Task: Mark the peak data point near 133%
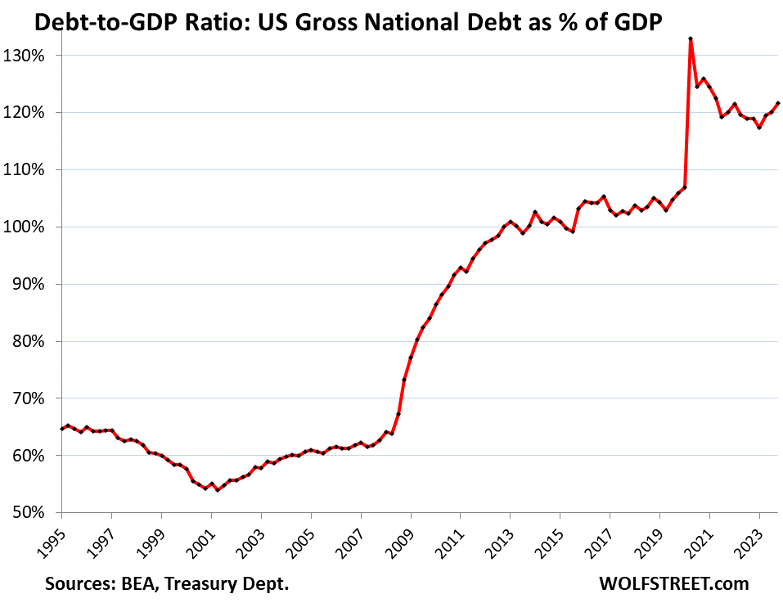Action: click(x=691, y=38)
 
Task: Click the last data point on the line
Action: click(x=778, y=103)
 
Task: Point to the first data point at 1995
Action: click(x=61, y=429)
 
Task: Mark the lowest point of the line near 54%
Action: click(x=218, y=490)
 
